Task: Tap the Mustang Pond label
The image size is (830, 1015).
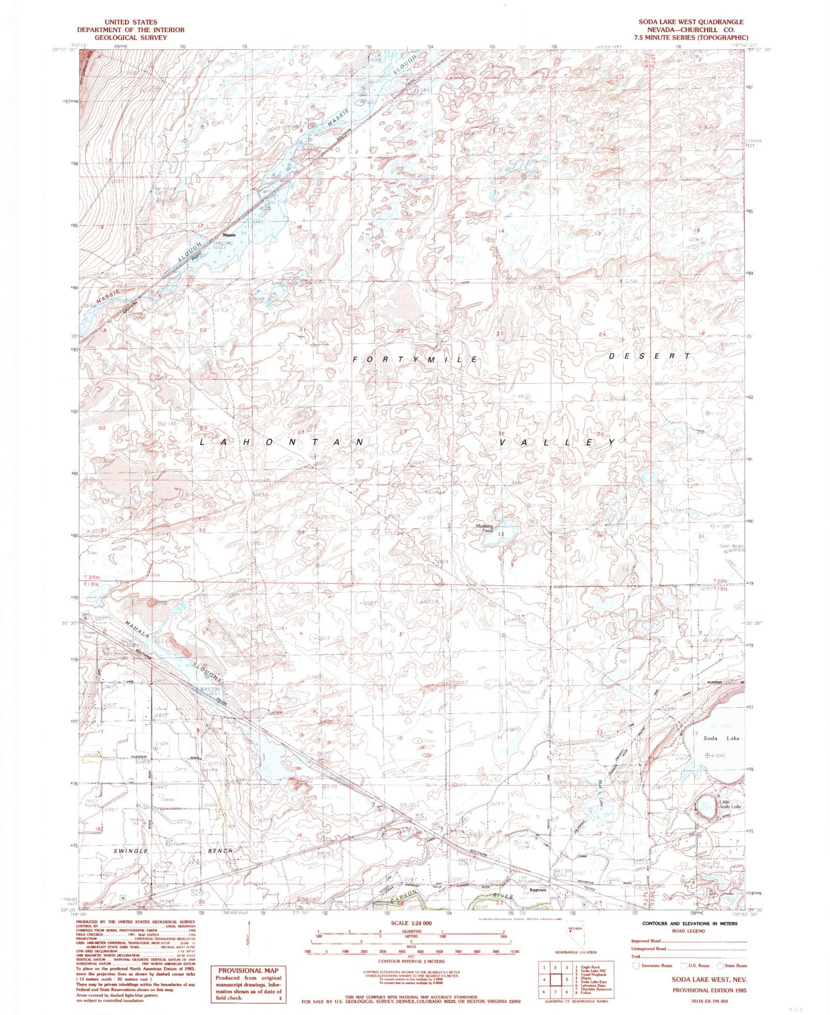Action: tap(484, 528)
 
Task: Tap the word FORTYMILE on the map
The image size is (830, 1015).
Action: tap(416, 360)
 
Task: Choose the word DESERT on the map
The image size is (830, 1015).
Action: tap(650, 356)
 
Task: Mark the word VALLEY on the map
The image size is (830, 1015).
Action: tap(557, 443)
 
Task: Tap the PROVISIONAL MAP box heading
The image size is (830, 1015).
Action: tap(248, 970)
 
